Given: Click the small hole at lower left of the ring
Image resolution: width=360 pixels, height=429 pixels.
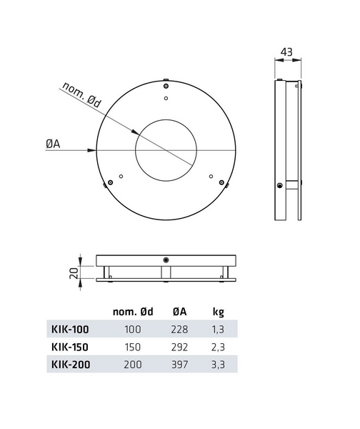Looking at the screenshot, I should coord(121,176).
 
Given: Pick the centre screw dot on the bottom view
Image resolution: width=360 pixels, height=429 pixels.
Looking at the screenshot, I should coord(166,260).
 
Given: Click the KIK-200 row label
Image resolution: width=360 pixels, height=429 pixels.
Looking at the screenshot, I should coord(70,363).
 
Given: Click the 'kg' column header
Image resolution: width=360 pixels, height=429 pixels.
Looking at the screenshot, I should coord(219,311).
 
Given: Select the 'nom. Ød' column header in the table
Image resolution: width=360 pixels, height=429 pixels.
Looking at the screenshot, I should coord(134,311).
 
